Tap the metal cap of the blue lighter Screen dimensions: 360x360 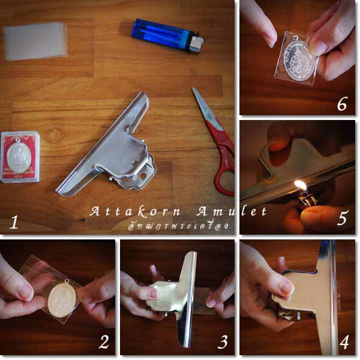tap(196, 43)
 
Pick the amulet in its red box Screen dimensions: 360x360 tap(20, 157)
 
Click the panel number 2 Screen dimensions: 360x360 tap(104, 343)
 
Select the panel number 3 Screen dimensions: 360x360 tap(223, 343)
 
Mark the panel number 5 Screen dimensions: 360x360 tap(342, 217)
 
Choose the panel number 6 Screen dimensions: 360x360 tap(342, 104)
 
